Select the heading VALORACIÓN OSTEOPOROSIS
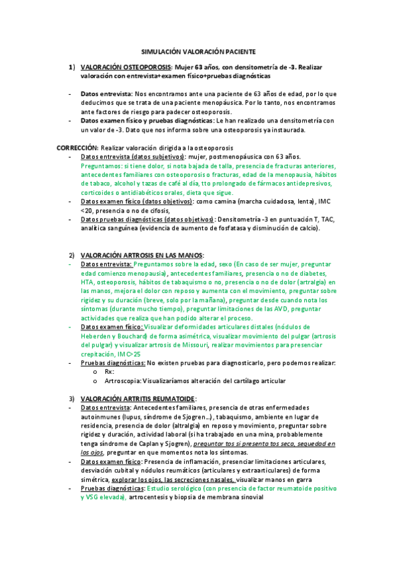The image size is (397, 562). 125,67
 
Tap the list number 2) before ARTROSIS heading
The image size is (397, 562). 72,255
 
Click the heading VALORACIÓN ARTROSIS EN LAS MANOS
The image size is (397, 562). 141,255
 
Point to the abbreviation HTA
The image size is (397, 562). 87,282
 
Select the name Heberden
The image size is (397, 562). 95,336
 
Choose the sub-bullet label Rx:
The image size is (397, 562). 110,372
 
